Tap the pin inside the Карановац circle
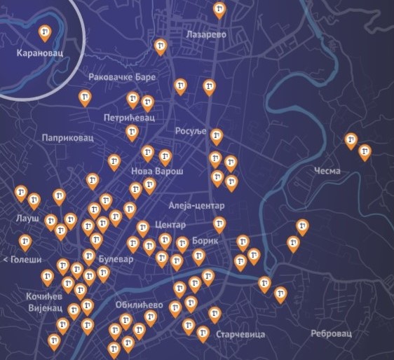pyautogui.click(x=45, y=32)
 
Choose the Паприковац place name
pyautogui.click(x=67, y=138)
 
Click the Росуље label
pyautogui.click(x=188, y=132)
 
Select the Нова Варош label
pyautogui.click(x=157, y=171)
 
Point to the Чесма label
pyautogui.click(x=327, y=171)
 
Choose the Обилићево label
pyautogui.click(x=142, y=305)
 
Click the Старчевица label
pyautogui.click(x=240, y=335)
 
